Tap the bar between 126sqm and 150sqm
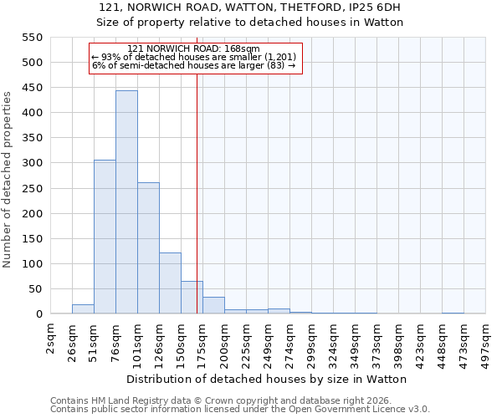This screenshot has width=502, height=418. (170, 283)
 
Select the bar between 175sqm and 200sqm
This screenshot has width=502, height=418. (213, 306)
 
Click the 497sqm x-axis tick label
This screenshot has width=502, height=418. (486, 341)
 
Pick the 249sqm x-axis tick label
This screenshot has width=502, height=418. (269, 341)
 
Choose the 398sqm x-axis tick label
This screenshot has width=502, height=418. (399, 341)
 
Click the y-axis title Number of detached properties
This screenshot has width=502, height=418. (8, 180)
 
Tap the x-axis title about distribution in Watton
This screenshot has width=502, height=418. (266, 379)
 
